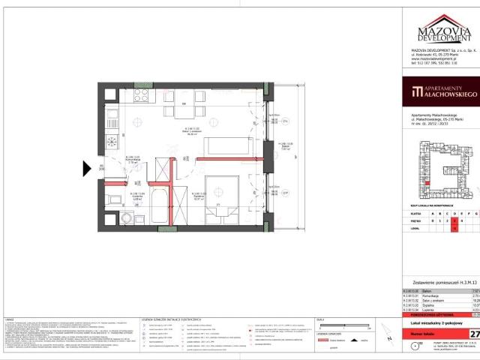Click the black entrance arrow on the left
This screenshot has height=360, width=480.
(87, 169)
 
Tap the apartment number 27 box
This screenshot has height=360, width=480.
(474, 333)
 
